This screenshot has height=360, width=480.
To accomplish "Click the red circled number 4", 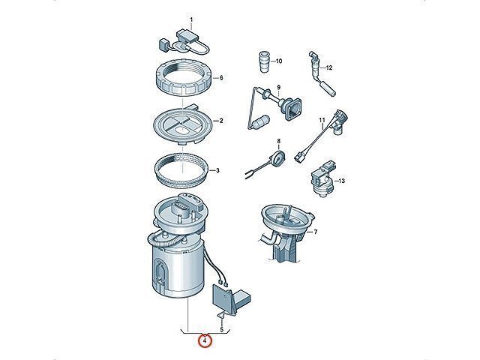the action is point(205,340).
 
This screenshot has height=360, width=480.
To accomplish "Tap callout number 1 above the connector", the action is point(192,20).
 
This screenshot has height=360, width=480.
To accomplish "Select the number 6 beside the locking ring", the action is point(221,78).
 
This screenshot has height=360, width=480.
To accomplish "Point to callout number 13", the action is point(342,181).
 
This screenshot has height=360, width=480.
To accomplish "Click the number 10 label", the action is point(278,61).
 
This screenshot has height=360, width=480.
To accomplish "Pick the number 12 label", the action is point(329,67).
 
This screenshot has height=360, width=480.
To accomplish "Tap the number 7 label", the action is point(316,232).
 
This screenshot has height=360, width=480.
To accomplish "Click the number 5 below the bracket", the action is point(222,330).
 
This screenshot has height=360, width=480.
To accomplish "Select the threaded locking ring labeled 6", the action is point(182,78).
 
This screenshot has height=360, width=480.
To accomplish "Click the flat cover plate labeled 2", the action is point(182,125).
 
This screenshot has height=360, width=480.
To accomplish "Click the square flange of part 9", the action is point(292,108).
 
